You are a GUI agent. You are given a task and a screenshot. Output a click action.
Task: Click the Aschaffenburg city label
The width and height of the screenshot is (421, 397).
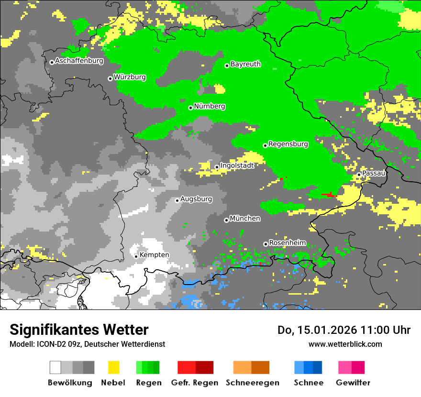79,61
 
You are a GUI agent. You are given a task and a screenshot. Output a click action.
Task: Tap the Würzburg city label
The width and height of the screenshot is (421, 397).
130,77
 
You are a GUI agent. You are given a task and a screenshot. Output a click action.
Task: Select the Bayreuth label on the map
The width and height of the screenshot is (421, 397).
245,64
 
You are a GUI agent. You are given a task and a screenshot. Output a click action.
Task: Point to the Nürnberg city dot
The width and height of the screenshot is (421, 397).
190,108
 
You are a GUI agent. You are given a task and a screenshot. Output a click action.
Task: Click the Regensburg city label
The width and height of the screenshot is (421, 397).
288,144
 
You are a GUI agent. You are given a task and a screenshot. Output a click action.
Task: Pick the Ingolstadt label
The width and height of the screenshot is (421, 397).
237,165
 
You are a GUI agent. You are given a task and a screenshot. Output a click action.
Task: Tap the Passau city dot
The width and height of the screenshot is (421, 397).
359,175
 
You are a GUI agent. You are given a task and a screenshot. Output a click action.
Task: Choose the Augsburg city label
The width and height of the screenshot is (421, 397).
196,199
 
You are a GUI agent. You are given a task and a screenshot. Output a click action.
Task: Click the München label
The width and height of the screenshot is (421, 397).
245,219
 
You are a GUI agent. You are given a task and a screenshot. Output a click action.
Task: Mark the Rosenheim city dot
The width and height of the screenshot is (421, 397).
266,244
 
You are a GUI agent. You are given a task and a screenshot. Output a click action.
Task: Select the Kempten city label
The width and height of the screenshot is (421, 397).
154,255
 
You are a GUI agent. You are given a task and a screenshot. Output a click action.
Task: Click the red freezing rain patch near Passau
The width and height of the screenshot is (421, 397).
329,195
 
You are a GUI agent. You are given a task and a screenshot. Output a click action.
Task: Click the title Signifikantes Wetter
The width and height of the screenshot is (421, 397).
79,330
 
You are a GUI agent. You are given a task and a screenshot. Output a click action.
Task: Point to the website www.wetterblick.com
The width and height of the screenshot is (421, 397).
345,344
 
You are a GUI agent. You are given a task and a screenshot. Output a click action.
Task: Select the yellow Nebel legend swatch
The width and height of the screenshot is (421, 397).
113,367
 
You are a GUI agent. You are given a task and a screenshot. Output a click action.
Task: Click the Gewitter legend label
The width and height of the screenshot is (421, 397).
353,383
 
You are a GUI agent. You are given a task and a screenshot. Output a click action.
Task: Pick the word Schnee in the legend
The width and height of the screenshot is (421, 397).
308,383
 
